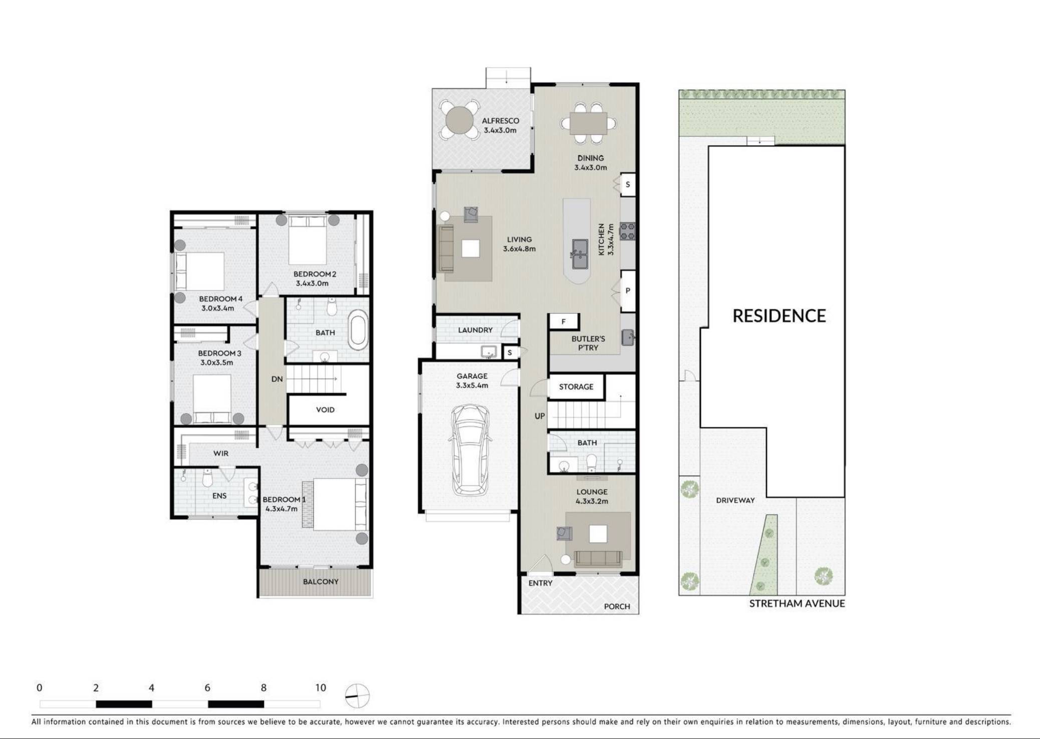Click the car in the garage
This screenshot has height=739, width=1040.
click(470, 450)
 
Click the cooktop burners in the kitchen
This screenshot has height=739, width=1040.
click(628, 231)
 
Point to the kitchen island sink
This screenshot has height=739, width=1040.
click(580, 253)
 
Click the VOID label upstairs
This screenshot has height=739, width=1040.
click(325, 410)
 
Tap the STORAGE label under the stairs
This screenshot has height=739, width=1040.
click(576, 387)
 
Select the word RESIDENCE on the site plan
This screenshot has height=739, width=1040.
click(779, 316)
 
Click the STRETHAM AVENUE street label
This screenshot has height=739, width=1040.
click(797, 603)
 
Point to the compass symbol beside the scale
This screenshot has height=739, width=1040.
click(357, 696)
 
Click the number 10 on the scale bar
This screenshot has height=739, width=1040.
click(321, 687)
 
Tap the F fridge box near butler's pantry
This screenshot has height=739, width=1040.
click(564, 321)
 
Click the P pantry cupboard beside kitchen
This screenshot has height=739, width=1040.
click(628, 290)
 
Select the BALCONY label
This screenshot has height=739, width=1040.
click(321, 581)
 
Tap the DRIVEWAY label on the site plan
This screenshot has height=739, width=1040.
click(735, 500)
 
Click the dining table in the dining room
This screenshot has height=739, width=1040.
click(589, 123)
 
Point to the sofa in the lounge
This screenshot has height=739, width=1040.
click(598, 558)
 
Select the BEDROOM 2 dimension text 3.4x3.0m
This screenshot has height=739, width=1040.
click(312, 283)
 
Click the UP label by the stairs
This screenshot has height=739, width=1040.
click(539, 416)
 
